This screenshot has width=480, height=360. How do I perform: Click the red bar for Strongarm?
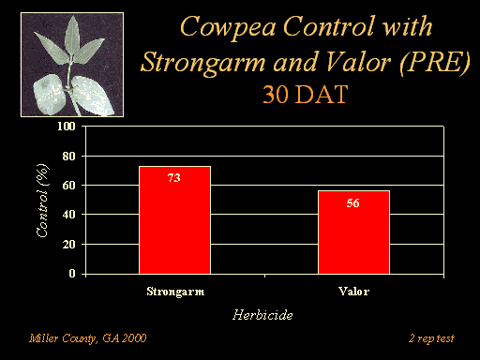coord(174,220)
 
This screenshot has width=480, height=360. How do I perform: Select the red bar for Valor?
coord(353,232)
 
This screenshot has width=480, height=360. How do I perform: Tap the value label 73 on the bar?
coord(174,178)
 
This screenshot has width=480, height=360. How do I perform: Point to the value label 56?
coord(352,203)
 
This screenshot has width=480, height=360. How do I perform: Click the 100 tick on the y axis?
coord(67,127)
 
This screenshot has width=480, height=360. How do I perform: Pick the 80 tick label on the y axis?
coord(68,156)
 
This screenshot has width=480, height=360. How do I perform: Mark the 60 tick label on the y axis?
coord(68,186)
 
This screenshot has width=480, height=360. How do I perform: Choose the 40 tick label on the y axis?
coord(68,215)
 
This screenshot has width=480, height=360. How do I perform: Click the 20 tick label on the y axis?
coord(68,244)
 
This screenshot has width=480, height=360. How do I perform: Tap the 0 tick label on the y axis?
coord(72,274)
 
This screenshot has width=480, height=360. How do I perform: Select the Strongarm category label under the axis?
coord(175,292)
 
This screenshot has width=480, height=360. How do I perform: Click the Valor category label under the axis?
coord(354,292)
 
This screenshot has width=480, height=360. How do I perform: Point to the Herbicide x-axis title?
coord(262,315)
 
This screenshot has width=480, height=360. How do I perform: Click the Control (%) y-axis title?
coord(43,201)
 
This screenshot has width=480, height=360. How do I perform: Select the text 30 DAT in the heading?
coord(306,95)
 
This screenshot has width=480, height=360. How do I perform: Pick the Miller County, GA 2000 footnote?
coord(88,338)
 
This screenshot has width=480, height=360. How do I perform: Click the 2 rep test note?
coord(431,338)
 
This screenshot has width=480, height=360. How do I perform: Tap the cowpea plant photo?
coord(72,65)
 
